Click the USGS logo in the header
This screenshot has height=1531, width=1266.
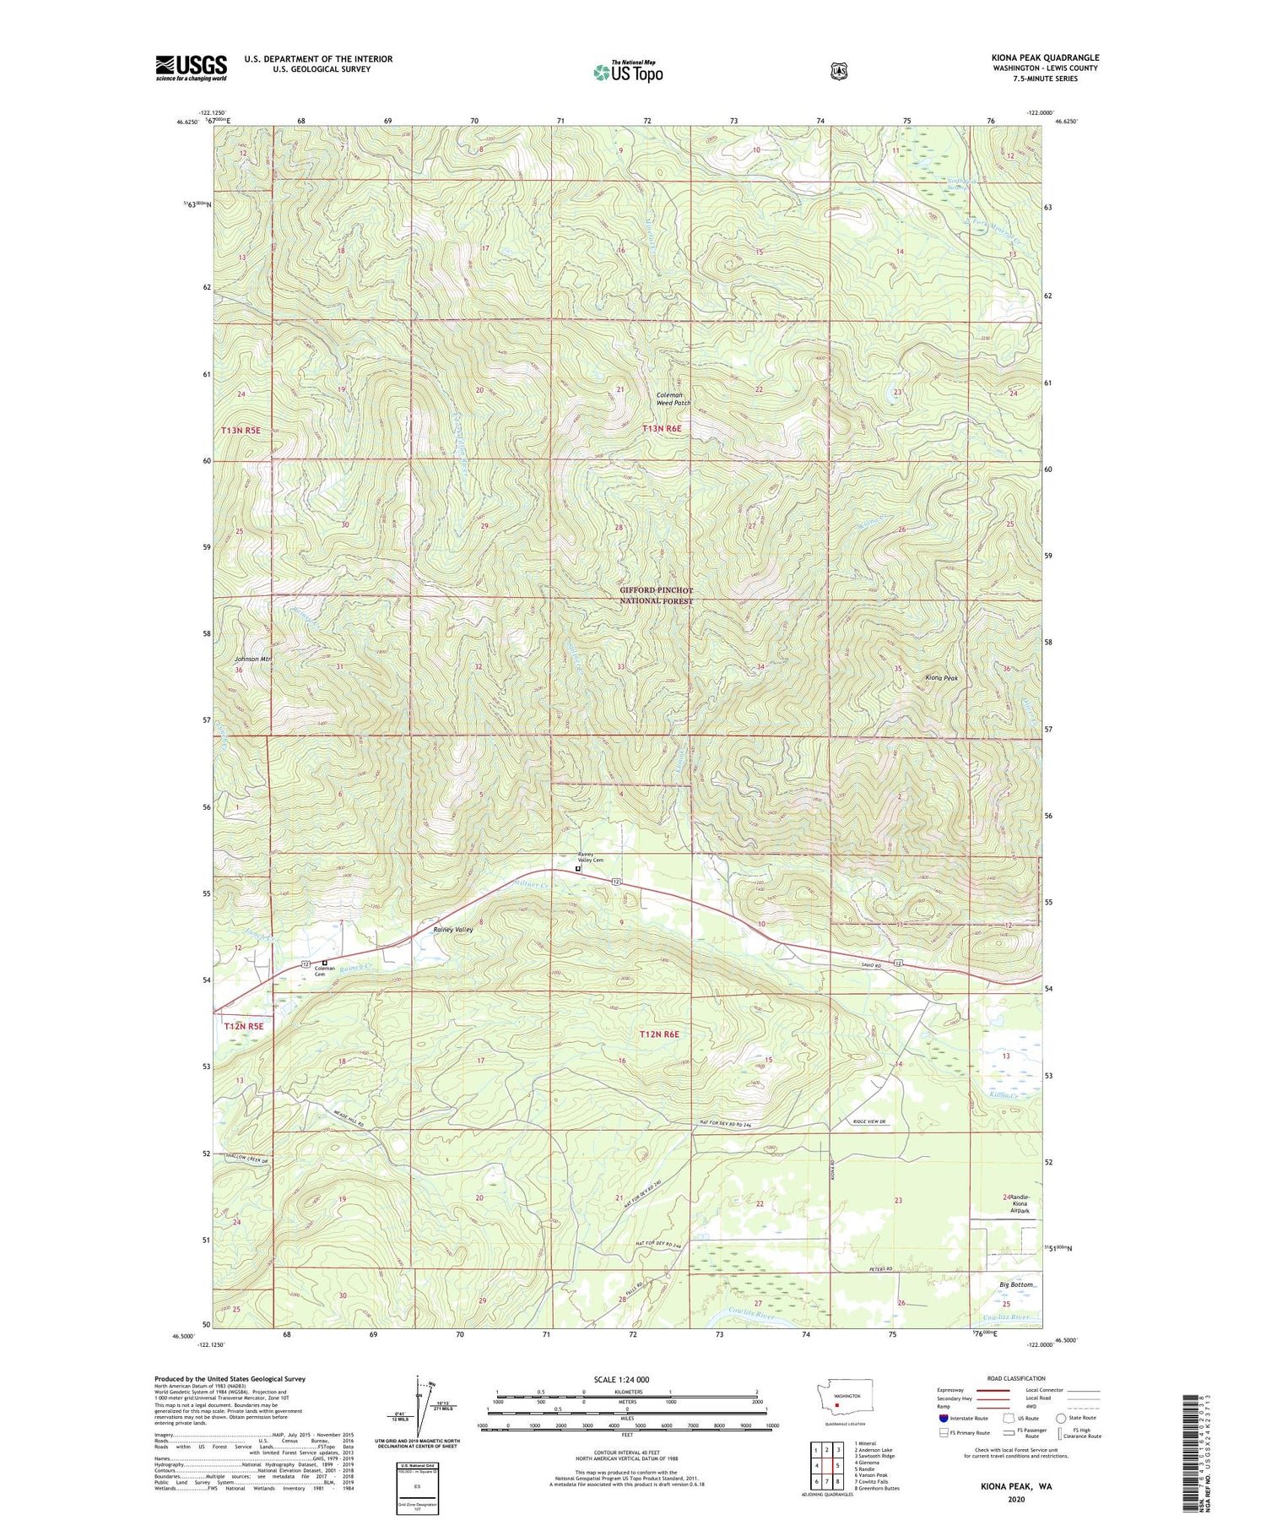pyautogui.click(x=191, y=67)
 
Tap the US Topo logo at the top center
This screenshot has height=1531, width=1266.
pyautogui.click(x=628, y=71)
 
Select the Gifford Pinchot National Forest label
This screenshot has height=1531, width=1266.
pyautogui.click(x=656, y=595)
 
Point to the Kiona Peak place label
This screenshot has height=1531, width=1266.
pyautogui.click(x=941, y=677)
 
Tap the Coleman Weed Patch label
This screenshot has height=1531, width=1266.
pyautogui.click(x=674, y=399)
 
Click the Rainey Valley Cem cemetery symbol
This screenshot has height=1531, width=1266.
pyautogui.click(x=578, y=868)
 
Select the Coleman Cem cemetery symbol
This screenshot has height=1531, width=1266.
pyautogui.click(x=325, y=962)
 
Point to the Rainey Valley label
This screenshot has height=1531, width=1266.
pyautogui.click(x=453, y=929)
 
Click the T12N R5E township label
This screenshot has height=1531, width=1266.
pyautogui.click(x=244, y=1026)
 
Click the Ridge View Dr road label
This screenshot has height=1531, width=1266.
pyautogui.click(x=868, y=1121)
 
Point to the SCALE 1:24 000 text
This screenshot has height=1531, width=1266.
pyautogui.click(x=621, y=1379)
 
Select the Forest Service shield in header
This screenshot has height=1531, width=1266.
pyautogui.click(x=838, y=71)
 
